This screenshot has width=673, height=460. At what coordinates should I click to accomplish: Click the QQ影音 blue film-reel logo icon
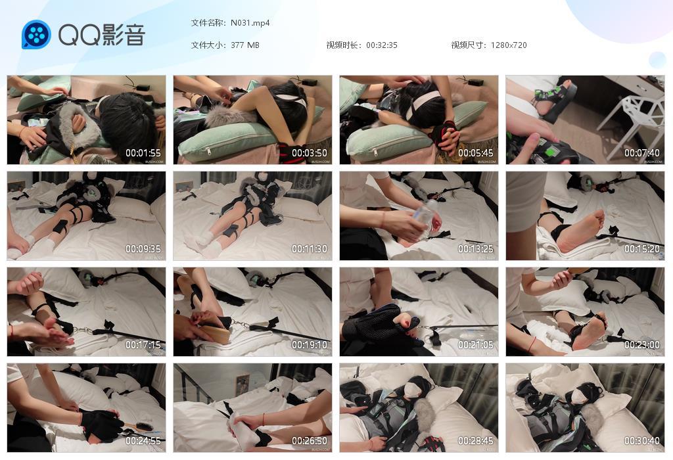click(36, 35)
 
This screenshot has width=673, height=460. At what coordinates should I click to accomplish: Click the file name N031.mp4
click(250, 23)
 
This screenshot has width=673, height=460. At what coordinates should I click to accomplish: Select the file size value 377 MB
click(245, 45)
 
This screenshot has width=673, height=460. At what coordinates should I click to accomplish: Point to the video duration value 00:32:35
click(382, 45)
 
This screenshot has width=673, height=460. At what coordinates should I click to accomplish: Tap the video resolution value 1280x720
click(509, 45)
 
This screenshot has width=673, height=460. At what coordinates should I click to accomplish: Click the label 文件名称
click(208, 23)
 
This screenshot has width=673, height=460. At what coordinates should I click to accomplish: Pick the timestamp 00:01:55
click(144, 153)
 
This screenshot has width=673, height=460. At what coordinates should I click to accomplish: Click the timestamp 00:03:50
click(310, 153)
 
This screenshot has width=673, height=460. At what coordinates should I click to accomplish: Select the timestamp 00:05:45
click(476, 153)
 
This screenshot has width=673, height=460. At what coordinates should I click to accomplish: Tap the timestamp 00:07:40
click(642, 153)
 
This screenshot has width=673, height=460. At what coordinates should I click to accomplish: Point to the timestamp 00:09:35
click(144, 249)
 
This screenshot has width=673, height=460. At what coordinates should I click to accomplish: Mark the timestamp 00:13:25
click(476, 249)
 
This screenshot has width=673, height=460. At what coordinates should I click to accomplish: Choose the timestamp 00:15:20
click(642, 249)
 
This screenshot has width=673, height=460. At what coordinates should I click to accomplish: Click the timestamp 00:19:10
click(310, 345)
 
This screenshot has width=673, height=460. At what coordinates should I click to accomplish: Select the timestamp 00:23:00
click(642, 345)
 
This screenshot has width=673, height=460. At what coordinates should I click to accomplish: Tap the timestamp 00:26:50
click(310, 441)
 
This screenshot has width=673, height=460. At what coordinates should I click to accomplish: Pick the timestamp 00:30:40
click(642, 441)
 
